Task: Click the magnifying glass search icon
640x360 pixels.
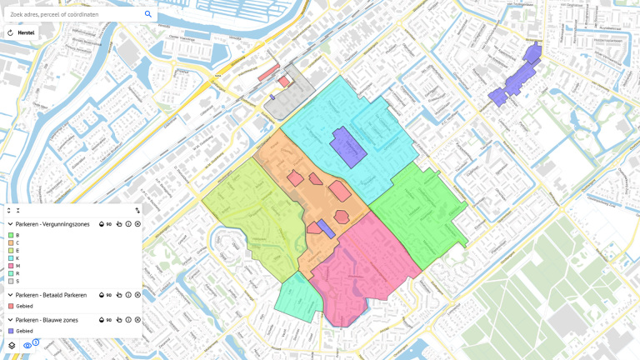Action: tap(148, 14)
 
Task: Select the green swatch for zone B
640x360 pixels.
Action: tap(11, 235)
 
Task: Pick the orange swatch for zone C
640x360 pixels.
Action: tap(11, 242)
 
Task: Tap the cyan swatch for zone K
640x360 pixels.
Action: tap(11, 258)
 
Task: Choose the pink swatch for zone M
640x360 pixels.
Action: tap(11, 266)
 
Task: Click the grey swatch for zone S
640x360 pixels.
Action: tap(11, 281)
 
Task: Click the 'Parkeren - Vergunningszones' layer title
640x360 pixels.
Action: tap(52, 224)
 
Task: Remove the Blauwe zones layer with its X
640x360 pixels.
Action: tap(137, 320)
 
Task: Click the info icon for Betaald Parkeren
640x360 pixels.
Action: tap(128, 295)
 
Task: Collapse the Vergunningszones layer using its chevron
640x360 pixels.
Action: tap(10, 224)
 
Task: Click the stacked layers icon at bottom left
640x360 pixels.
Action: tap(12, 345)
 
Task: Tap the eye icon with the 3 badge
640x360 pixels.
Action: tap(27, 345)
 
